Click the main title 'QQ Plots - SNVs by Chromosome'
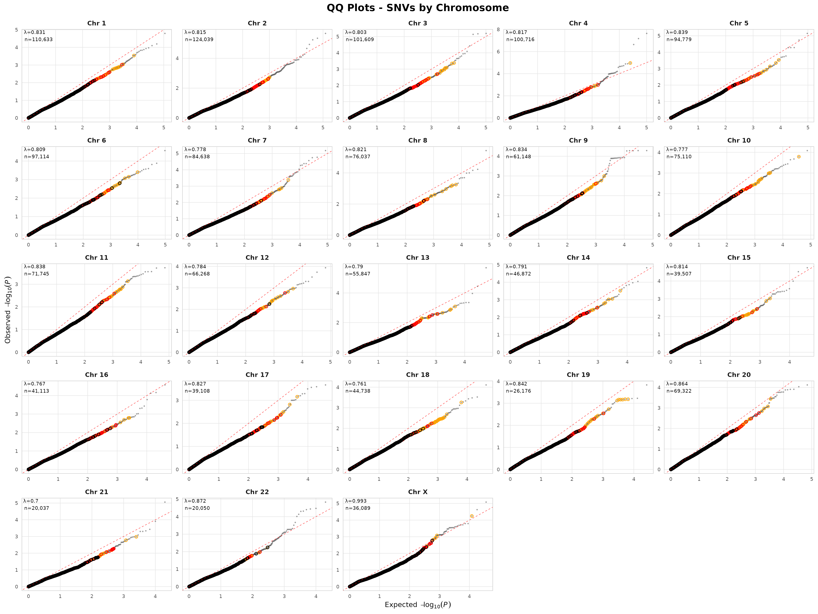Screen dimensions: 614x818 point(418,8)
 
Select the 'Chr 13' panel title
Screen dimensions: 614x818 point(418,258)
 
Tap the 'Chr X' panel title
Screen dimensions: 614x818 point(418,492)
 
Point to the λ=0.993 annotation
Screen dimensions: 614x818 point(356,501)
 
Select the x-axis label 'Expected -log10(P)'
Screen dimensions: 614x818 point(418,604)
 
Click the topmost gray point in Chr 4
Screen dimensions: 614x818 point(646,33)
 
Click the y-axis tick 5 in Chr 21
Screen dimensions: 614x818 point(16,503)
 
